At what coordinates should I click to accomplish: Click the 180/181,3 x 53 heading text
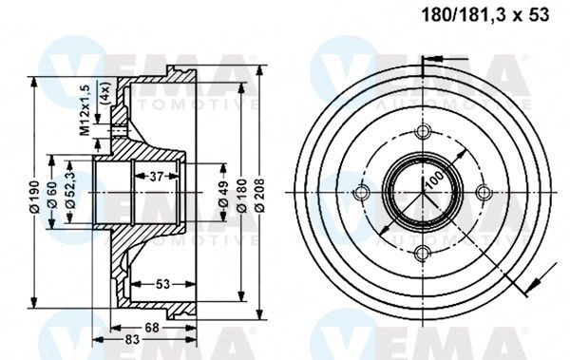pyautogui.click(x=484, y=15)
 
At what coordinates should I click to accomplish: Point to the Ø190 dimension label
pyautogui.click(x=35, y=197)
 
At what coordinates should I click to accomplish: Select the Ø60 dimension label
pyautogui.click(x=52, y=196)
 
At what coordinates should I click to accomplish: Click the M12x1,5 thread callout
pyautogui.click(x=85, y=110)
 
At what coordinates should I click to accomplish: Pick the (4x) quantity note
pyautogui.click(x=105, y=94)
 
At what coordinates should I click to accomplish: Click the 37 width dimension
pyautogui.click(x=157, y=177)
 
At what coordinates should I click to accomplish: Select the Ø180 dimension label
pyautogui.click(x=241, y=196)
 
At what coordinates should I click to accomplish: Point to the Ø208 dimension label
pyautogui.click(x=259, y=196)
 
